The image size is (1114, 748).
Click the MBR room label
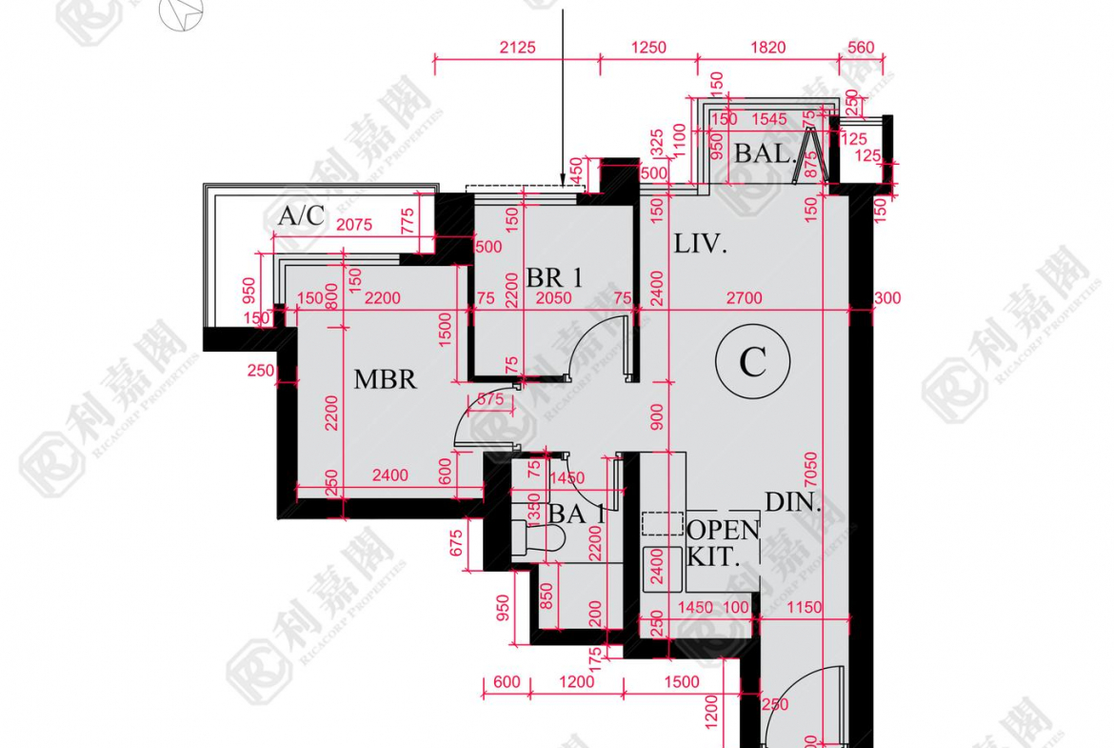tap(386, 379)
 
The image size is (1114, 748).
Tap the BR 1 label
tap(554, 277)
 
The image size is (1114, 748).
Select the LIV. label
tap(701, 244)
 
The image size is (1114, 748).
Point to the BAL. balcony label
tap(765, 152)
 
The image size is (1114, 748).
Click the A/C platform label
tap(302, 216)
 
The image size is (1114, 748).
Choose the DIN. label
tap(793, 503)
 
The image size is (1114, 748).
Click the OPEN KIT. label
tap(724, 543)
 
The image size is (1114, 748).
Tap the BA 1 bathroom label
tap(577, 514)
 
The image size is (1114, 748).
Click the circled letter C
tap(752, 361)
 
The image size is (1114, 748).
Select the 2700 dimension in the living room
tap(744, 298)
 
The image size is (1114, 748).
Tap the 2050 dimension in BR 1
tap(553, 298)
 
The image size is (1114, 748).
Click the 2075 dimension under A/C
tap(353, 226)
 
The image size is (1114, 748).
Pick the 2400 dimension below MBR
tap(389, 475)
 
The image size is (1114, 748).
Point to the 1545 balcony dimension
tap(769, 119)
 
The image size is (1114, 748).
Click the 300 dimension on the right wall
tap(886, 298)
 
